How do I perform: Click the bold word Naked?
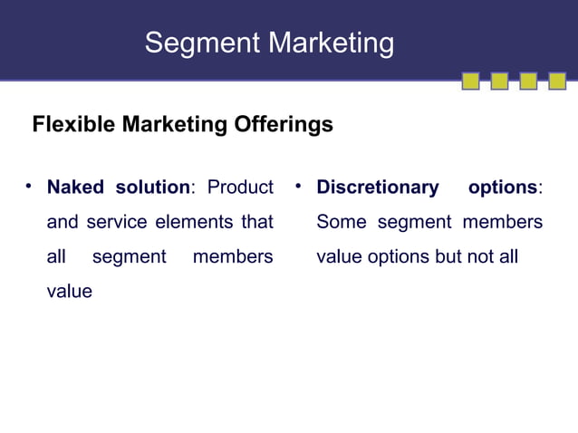pyautogui.click(x=75, y=188)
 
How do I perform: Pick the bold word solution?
pyautogui.click(x=152, y=188)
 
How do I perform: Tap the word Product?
pyautogui.click(x=240, y=188)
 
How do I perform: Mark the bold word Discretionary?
pyautogui.click(x=377, y=188)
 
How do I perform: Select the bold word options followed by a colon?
pyautogui.click(x=503, y=188)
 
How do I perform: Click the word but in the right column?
pyautogui.click(x=448, y=256)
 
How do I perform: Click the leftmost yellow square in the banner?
pyautogui.click(x=471, y=82)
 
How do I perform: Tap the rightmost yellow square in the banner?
pyautogui.click(x=557, y=82)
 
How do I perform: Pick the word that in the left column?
pyautogui.click(x=257, y=222)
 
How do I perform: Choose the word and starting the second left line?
pyautogui.click(x=63, y=222)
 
